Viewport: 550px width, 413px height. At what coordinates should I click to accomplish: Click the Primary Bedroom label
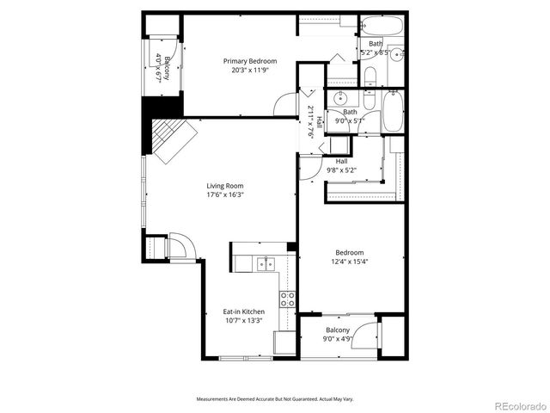click(x=250, y=61)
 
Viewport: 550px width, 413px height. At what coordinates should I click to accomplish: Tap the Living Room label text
click(x=224, y=186)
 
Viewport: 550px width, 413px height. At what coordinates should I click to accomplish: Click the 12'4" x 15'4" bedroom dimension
click(x=350, y=262)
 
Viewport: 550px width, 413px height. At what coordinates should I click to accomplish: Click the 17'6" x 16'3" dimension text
click(x=224, y=195)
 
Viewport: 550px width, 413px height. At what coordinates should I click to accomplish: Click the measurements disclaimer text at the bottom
click(x=274, y=399)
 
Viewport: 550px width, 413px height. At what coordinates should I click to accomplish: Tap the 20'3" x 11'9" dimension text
click(x=250, y=71)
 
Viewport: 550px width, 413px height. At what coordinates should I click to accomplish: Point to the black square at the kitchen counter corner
click(x=291, y=248)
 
